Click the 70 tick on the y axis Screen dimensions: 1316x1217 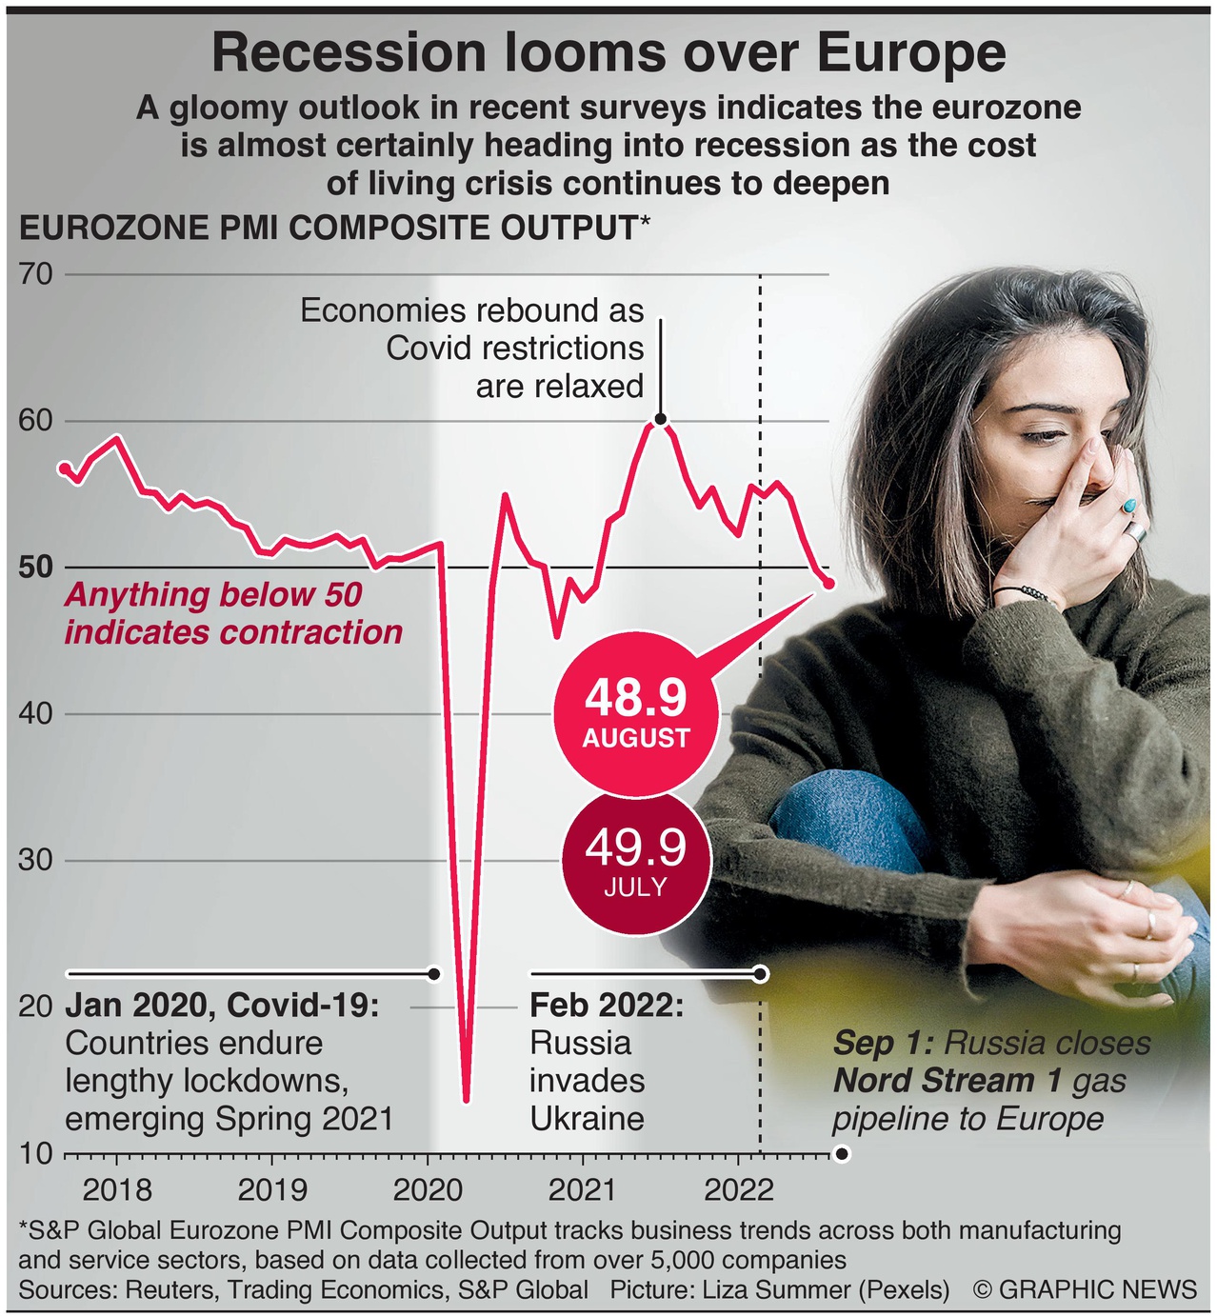tap(35, 274)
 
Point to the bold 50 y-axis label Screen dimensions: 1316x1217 tap(35, 568)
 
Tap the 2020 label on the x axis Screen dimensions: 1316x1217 tap(427, 1189)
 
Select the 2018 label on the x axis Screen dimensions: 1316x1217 tap(117, 1189)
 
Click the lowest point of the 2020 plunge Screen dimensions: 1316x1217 tap(466, 1100)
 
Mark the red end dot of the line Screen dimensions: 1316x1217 tap(828, 583)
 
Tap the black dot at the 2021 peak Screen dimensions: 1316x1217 tap(660, 419)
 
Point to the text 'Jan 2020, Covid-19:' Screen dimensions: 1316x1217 tap(222, 1006)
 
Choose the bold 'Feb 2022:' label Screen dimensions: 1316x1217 tap(607, 1006)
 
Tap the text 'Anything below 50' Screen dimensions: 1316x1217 tap(213, 595)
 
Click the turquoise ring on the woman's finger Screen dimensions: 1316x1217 tap(1129, 506)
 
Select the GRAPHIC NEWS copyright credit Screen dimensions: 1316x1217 tap(1086, 1289)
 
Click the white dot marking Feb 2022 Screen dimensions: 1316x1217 tap(760, 974)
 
